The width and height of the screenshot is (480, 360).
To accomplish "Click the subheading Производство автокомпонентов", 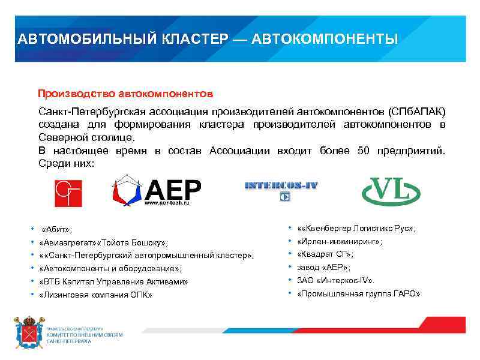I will point(125,94).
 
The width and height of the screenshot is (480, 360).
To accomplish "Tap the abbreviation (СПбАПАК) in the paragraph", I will point(418,112).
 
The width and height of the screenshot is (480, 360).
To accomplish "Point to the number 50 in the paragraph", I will point(363,150).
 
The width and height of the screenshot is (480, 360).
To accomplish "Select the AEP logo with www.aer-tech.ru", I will point(157,191).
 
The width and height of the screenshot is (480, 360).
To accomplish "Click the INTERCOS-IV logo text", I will point(281,185).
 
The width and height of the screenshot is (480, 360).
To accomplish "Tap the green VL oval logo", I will point(391,191).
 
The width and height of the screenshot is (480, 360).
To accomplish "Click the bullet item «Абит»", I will point(57,230).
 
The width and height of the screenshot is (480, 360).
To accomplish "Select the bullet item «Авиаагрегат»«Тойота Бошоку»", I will point(103,242).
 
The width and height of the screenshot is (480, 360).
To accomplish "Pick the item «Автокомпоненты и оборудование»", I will point(110,269).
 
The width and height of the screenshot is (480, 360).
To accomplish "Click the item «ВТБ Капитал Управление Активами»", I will point(113,281).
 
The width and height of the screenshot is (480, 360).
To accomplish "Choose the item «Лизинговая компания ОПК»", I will point(95,295).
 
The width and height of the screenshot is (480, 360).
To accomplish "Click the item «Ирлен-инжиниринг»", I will point(340,242).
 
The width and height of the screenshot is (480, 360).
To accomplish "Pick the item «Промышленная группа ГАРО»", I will point(359,293).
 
